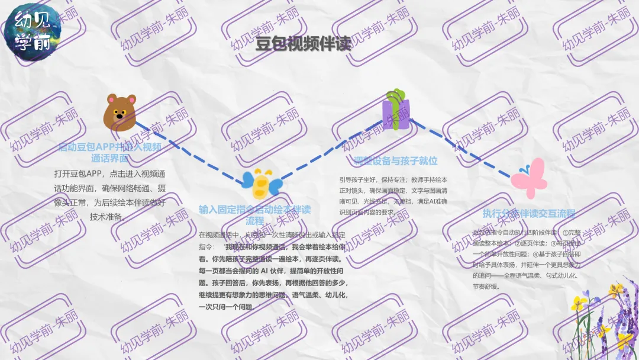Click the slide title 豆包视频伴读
tap(303, 44)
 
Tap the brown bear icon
tap(120, 111)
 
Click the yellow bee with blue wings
tap(260, 184)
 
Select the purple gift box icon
tap(396, 110)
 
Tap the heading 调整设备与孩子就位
tap(395, 161)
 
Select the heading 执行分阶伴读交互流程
tap(528, 214)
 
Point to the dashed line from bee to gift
tap(331, 151)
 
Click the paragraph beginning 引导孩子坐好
tap(393, 195)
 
